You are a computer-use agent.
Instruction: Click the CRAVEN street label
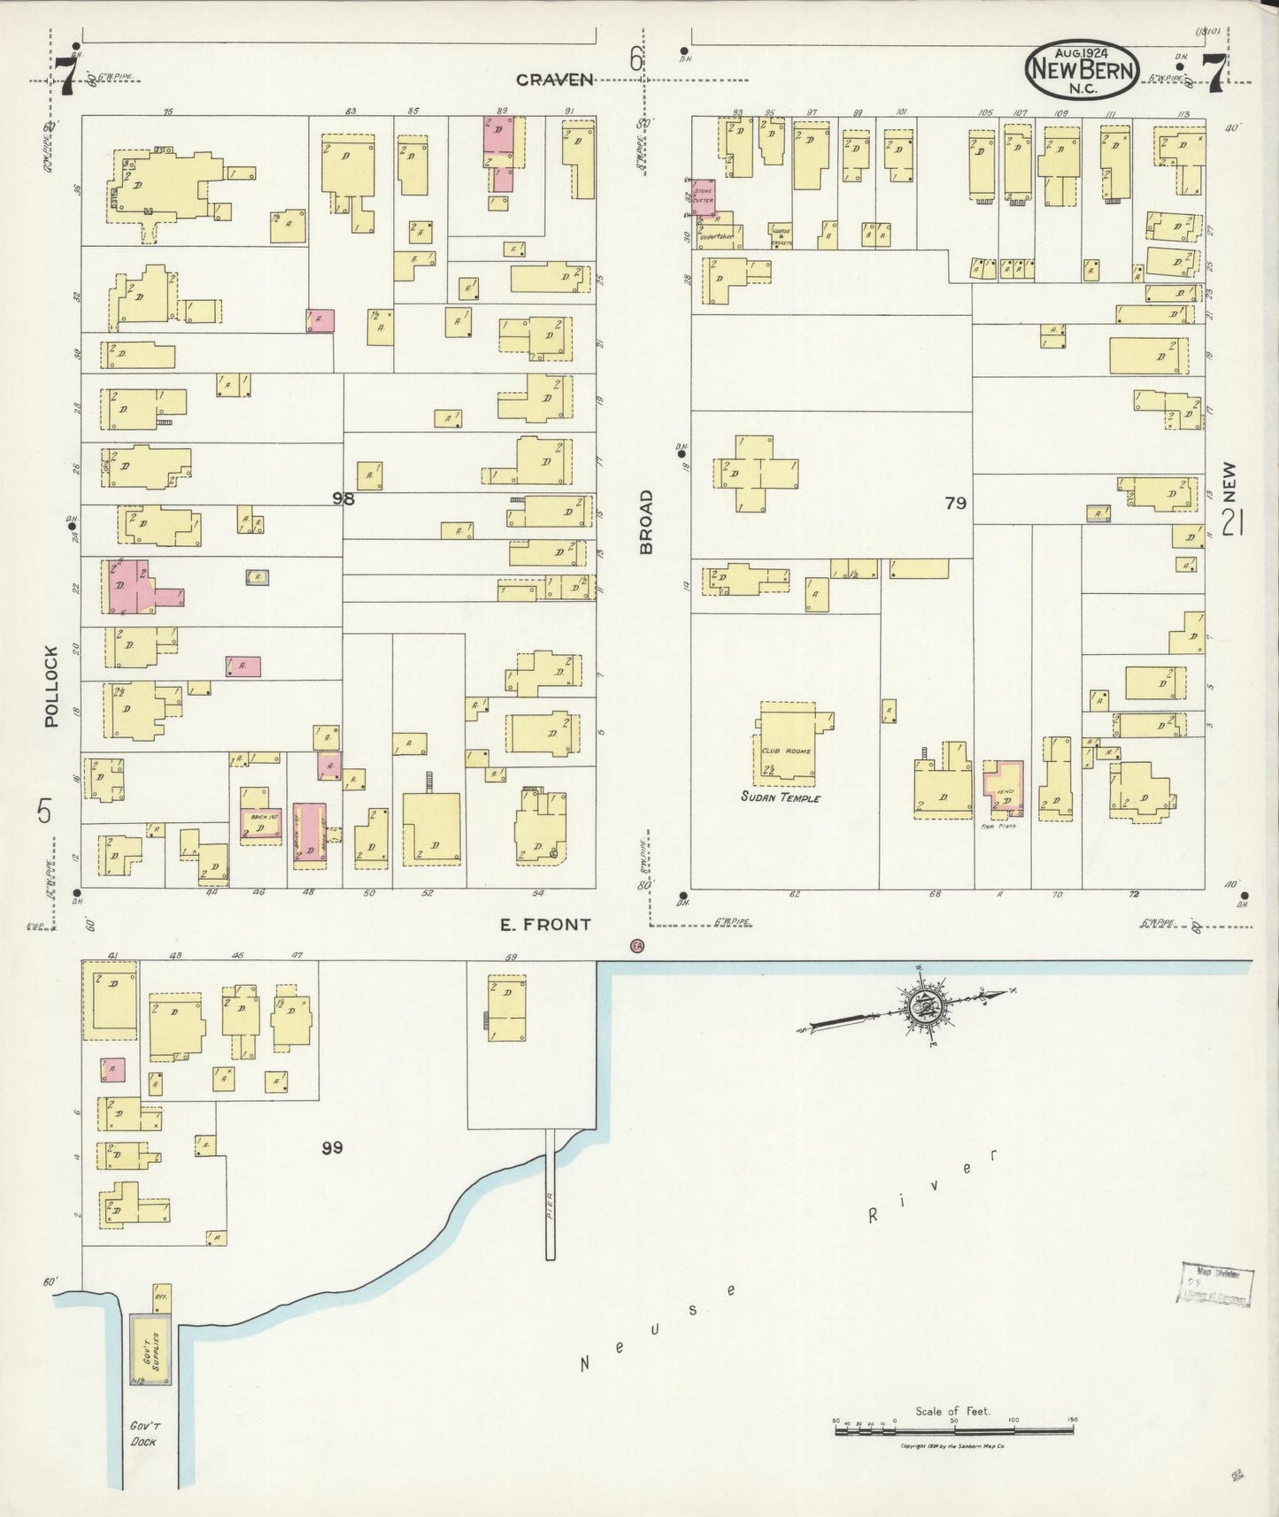(x=555, y=80)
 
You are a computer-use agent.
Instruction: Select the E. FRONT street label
(x=545, y=925)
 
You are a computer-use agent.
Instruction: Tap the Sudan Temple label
(x=782, y=798)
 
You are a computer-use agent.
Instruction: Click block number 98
(x=343, y=498)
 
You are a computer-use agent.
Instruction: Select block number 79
(x=955, y=503)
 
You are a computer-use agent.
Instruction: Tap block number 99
(x=332, y=1148)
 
